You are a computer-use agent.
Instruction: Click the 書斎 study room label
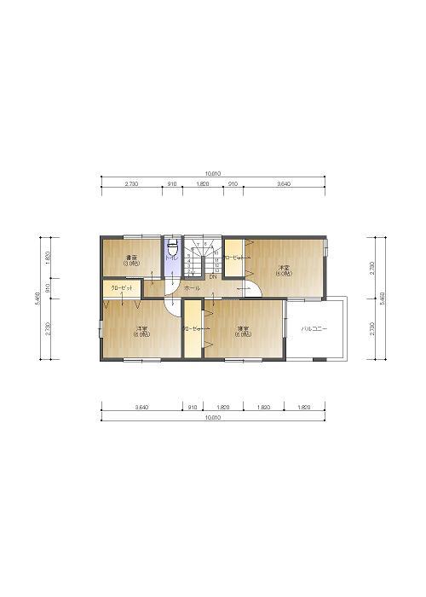coord(132,260)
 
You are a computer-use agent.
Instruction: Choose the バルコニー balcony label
coord(314,328)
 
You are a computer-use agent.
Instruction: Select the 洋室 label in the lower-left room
coord(141,331)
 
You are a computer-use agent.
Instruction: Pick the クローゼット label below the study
coord(121,288)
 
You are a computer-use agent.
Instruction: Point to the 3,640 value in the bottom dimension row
coord(142,408)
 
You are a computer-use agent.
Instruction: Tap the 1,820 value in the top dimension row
coord(203,183)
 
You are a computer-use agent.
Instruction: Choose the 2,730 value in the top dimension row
coord(131,183)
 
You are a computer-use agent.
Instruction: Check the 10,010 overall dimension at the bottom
coord(213,418)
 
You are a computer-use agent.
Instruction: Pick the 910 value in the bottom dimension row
coord(193,408)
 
